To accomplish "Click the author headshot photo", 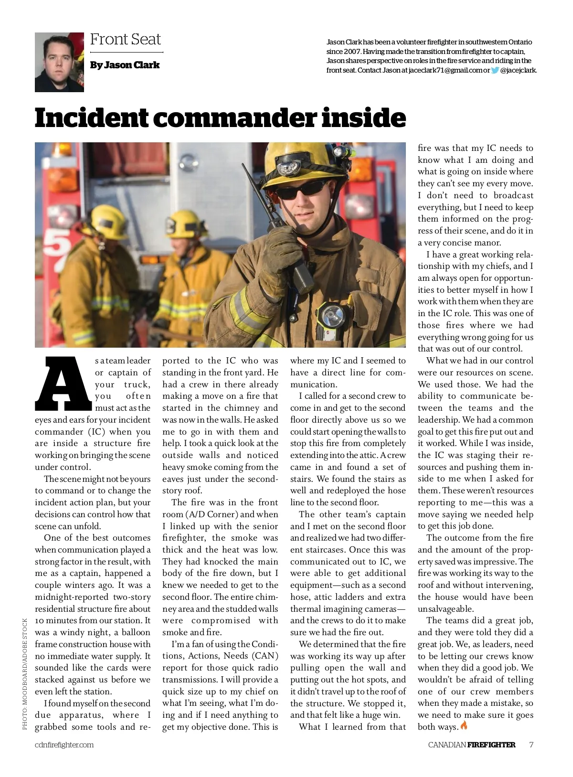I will [59, 62].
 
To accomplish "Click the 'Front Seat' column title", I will [126, 39].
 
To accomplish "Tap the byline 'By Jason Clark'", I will [125, 65].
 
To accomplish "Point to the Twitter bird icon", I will [495, 70].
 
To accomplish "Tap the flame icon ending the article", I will [464, 725].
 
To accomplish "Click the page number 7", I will [531, 745].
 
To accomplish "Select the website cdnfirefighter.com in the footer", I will [64, 745].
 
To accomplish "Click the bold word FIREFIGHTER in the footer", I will [491, 745].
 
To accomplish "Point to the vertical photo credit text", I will [25, 674].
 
